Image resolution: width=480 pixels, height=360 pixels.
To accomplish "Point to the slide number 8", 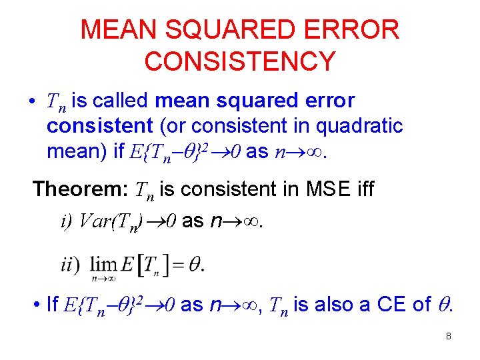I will pyautogui.click(x=449, y=337).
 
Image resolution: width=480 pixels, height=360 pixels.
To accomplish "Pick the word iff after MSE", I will pyautogui.click(x=363, y=189).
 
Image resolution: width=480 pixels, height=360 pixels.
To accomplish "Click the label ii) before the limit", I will pyautogui.click(x=70, y=265).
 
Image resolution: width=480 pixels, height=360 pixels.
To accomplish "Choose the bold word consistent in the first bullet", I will pyautogui.click(x=100, y=126).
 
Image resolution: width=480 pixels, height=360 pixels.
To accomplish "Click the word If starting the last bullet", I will pyautogui.click(x=53, y=305).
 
